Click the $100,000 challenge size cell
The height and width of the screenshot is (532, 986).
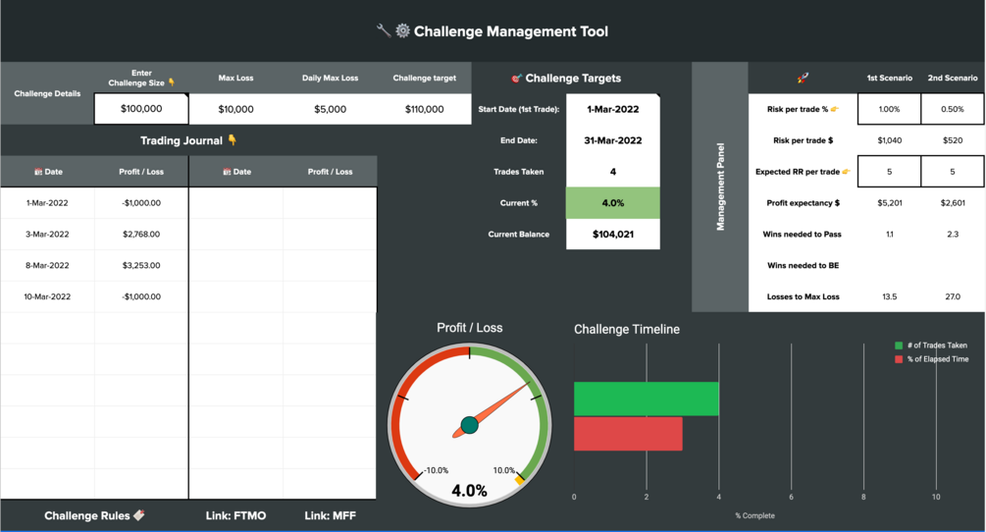point(141,109)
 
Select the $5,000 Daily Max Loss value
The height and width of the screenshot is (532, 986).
point(330,109)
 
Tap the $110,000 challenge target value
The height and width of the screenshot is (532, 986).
point(424,109)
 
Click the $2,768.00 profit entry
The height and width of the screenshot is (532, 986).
point(141,235)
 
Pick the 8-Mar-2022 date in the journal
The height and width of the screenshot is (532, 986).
point(47,266)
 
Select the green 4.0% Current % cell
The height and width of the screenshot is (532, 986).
point(613,203)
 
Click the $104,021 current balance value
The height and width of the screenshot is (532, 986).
point(613,235)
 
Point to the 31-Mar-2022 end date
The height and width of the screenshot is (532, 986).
point(613,140)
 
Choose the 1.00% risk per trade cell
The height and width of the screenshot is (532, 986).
point(889,109)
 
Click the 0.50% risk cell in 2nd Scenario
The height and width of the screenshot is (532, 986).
point(952,109)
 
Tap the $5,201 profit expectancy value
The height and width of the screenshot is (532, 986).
point(889,203)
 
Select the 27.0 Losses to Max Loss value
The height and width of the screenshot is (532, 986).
point(952,296)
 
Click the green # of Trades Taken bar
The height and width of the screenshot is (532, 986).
point(646,399)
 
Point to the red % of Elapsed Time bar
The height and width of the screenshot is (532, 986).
point(628,434)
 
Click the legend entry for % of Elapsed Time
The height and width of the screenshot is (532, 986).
point(937,359)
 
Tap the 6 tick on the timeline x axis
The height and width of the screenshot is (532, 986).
point(791,498)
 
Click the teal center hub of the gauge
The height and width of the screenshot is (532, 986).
point(469,425)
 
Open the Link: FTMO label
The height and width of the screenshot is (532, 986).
point(235,515)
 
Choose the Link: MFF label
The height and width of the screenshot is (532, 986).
point(330,515)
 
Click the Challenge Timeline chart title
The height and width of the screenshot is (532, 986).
point(626,330)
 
